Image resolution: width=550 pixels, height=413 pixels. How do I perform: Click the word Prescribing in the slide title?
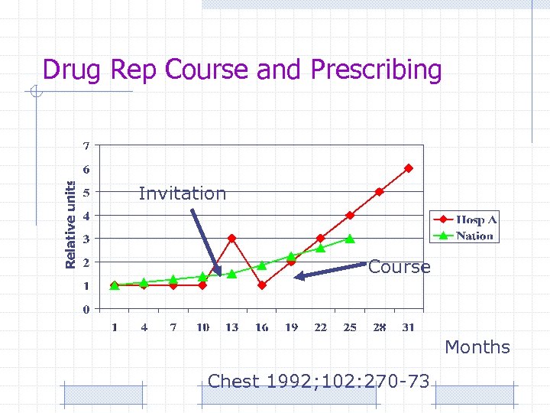[x=376, y=70]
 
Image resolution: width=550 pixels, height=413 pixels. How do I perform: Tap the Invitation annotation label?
[x=183, y=193]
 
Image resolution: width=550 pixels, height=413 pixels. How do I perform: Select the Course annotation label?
[x=399, y=267]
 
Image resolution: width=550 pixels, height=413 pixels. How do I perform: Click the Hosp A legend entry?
[x=476, y=220]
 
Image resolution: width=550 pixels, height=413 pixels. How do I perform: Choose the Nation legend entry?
[x=474, y=236]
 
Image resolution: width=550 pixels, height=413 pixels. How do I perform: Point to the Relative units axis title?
[x=70, y=224]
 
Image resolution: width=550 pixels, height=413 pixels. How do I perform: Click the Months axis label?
[x=477, y=347]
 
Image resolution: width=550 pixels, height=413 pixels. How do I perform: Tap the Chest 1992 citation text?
[x=319, y=381]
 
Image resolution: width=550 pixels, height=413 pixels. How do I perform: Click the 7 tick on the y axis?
[x=86, y=145]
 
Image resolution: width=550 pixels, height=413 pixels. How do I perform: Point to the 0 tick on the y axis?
[x=86, y=309]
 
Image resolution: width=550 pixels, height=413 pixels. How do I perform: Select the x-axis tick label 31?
[x=408, y=327]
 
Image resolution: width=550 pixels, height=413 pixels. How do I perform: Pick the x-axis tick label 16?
[x=261, y=327]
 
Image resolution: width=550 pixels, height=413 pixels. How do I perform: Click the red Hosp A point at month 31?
[x=408, y=168]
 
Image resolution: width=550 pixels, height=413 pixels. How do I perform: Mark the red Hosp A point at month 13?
[x=231, y=239]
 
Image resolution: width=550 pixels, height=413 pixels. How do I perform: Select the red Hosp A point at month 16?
[x=261, y=285]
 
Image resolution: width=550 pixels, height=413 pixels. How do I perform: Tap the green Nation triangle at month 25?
[x=349, y=239]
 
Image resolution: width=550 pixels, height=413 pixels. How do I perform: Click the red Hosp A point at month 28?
[x=379, y=192]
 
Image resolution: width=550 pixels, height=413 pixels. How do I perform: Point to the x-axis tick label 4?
[x=144, y=327]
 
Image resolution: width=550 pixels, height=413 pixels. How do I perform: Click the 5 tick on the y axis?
[x=86, y=192]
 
